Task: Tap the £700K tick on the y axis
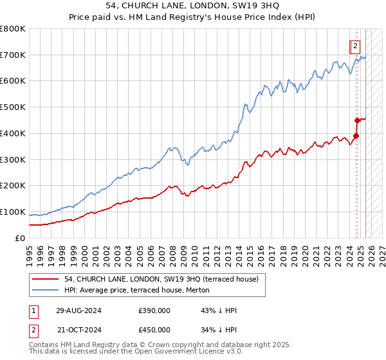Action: tap(13, 55)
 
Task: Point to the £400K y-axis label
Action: tap(13, 133)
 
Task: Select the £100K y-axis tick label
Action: tap(13, 212)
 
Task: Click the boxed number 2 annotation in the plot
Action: tap(355, 46)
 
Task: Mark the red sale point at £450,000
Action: tap(357, 120)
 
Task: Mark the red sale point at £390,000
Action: tap(356, 136)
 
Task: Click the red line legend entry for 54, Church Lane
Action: tap(161, 279)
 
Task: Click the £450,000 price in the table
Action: tap(154, 328)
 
